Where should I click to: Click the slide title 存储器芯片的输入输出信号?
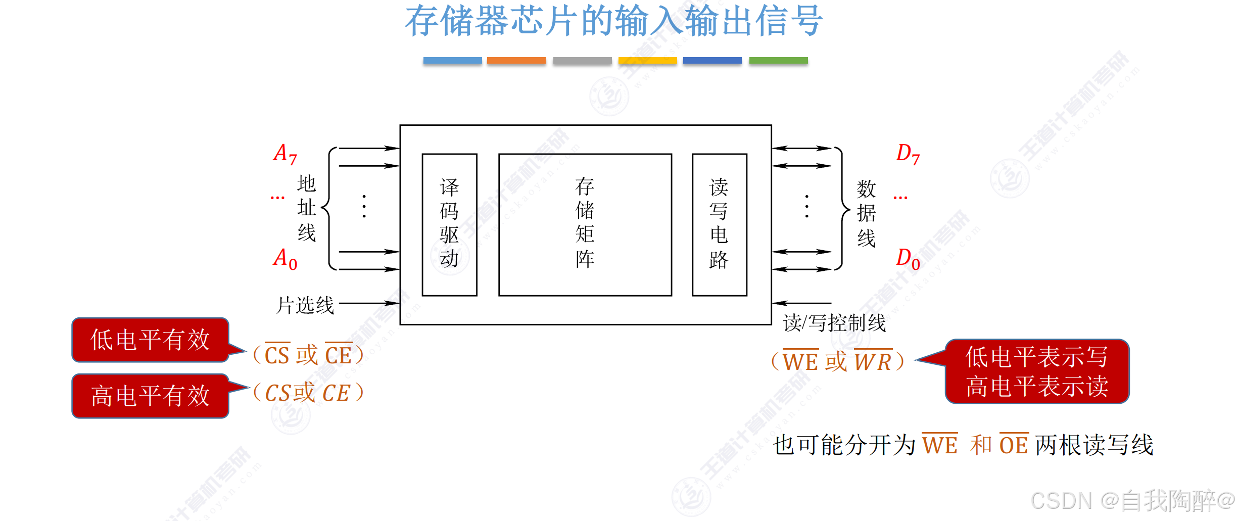pos(613,21)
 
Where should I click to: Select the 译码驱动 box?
pos(449,224)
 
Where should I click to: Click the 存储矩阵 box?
pos(585,224)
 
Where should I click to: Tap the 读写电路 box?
pos(719,224)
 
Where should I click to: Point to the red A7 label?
pos(285,154)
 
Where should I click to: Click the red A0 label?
pos(285,259)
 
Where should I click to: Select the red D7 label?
pos(908,154)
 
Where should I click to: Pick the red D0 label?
pos(908,259)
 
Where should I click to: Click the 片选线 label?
pos(305,305)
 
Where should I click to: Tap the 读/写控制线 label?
pos(834,323)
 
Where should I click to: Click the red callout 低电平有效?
pos(150,340)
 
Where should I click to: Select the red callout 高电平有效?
pos(150,396)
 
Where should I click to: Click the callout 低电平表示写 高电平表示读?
pos(1037,371)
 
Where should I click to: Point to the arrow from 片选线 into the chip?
pos(369,303)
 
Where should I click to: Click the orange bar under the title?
pos(516,61)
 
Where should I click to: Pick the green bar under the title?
pos(778,61)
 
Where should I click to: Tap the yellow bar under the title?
pos(647,61)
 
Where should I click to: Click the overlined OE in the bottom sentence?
pos(1014,445)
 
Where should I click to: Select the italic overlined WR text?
pos(873,361)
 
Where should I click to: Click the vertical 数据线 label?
pos(866,214)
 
